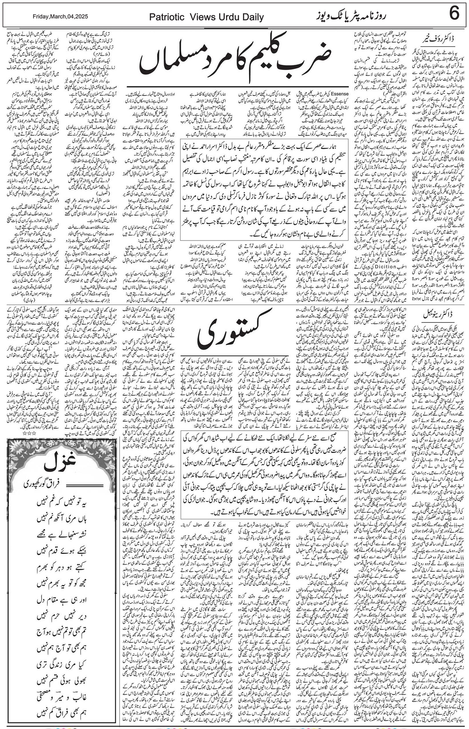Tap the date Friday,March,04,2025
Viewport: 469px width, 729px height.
point(60,16)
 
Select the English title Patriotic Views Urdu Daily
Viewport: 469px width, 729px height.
point(206,17)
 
